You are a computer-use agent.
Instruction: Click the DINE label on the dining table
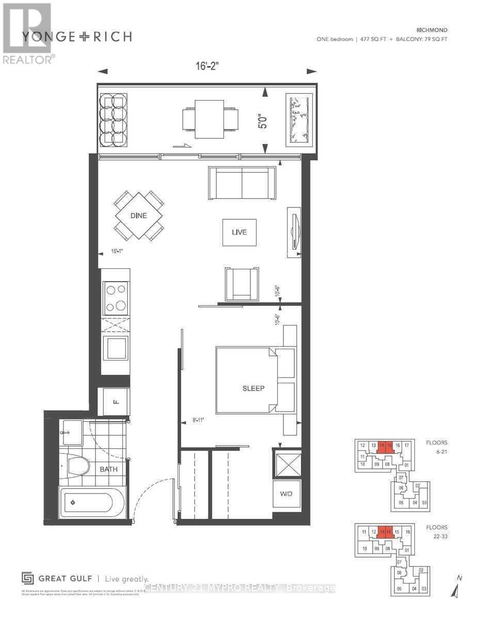pyautogui.click(x=138, y=216)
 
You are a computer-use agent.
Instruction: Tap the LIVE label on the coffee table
pyautogui.click(x=239, y=232)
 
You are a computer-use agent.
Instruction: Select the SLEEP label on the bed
pyautogui.click(x=253, y=388)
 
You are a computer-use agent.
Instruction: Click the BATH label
pyautogui.click(x=108, y=469)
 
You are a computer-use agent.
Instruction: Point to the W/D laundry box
pyautogui.click(x=286, y=494)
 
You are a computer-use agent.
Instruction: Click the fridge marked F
pyautogui.click(x=116, y=402)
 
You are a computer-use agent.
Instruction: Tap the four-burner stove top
pyautogui.click(x=116, y=298)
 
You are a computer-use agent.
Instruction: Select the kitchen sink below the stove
pyautogui.click(x=116, y=347)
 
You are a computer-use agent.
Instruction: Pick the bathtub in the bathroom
pyautogui.click(x=92, y=502)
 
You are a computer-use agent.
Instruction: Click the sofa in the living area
pyautogui.click(x=242, y=183)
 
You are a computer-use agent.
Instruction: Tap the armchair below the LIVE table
pyautogui.click(x=242, y=283)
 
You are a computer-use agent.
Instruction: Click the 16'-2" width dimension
pyautogui.click(x=206, y=67)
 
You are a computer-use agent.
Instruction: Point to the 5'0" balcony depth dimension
pyautogui.click(x=264, y=119)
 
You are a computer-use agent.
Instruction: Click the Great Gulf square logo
pyautogui.click(x=27, y=578)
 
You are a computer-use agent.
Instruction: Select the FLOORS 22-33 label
pyautogui.click(x=436, y=531)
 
